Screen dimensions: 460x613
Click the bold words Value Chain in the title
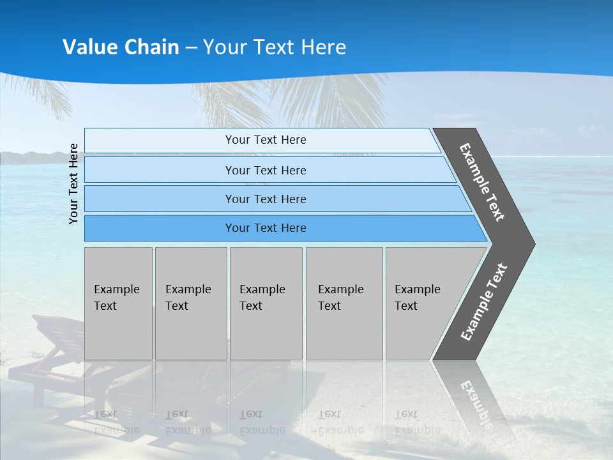pyautogui.click(x=121, y=47)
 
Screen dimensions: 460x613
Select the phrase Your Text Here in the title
pyautogui.click(x=275, y=47)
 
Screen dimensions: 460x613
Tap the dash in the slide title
pyautogui.click(x=191, y=48)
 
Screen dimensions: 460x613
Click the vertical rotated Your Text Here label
pyautogui.click(x=74, y=183)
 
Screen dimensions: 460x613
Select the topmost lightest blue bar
pyautogui.click(x=265, y=140)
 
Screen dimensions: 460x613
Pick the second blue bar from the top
pyautogui.click(x=265, y=170)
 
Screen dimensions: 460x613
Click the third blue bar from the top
pyautogui.click(x=265, y=199)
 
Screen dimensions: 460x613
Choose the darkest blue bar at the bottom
pyautogui.click(x=265, y=228)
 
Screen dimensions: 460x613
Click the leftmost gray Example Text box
pyautogui.click(x=118, y=303)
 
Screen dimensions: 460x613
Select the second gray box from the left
pyautogui.click(x=190, y=303)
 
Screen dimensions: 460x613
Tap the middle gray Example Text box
pyautogui.click(x=266, y=303)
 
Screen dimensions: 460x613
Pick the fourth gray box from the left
pyautogui.click(x=344, y=303)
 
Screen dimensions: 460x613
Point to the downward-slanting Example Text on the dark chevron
pyautogui.click(x=483, y=183)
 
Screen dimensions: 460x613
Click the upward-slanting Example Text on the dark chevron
pyautogui.click(x=484, y=302)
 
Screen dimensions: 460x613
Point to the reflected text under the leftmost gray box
pyautogui.click(x=116, y=422)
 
